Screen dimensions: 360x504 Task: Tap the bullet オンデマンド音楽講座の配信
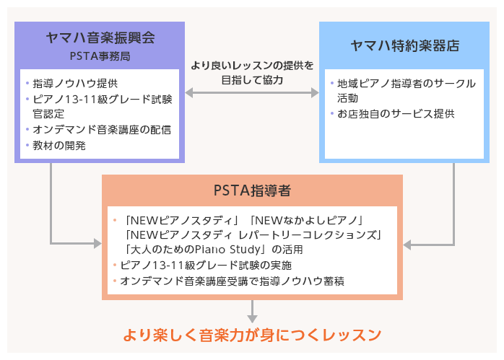101,130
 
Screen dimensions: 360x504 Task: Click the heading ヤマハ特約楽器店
404,45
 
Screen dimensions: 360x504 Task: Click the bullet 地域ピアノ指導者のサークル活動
401,89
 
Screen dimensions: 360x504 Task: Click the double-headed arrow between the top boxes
252,93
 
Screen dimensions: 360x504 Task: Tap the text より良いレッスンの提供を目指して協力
252,73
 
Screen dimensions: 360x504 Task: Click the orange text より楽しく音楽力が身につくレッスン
251,335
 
